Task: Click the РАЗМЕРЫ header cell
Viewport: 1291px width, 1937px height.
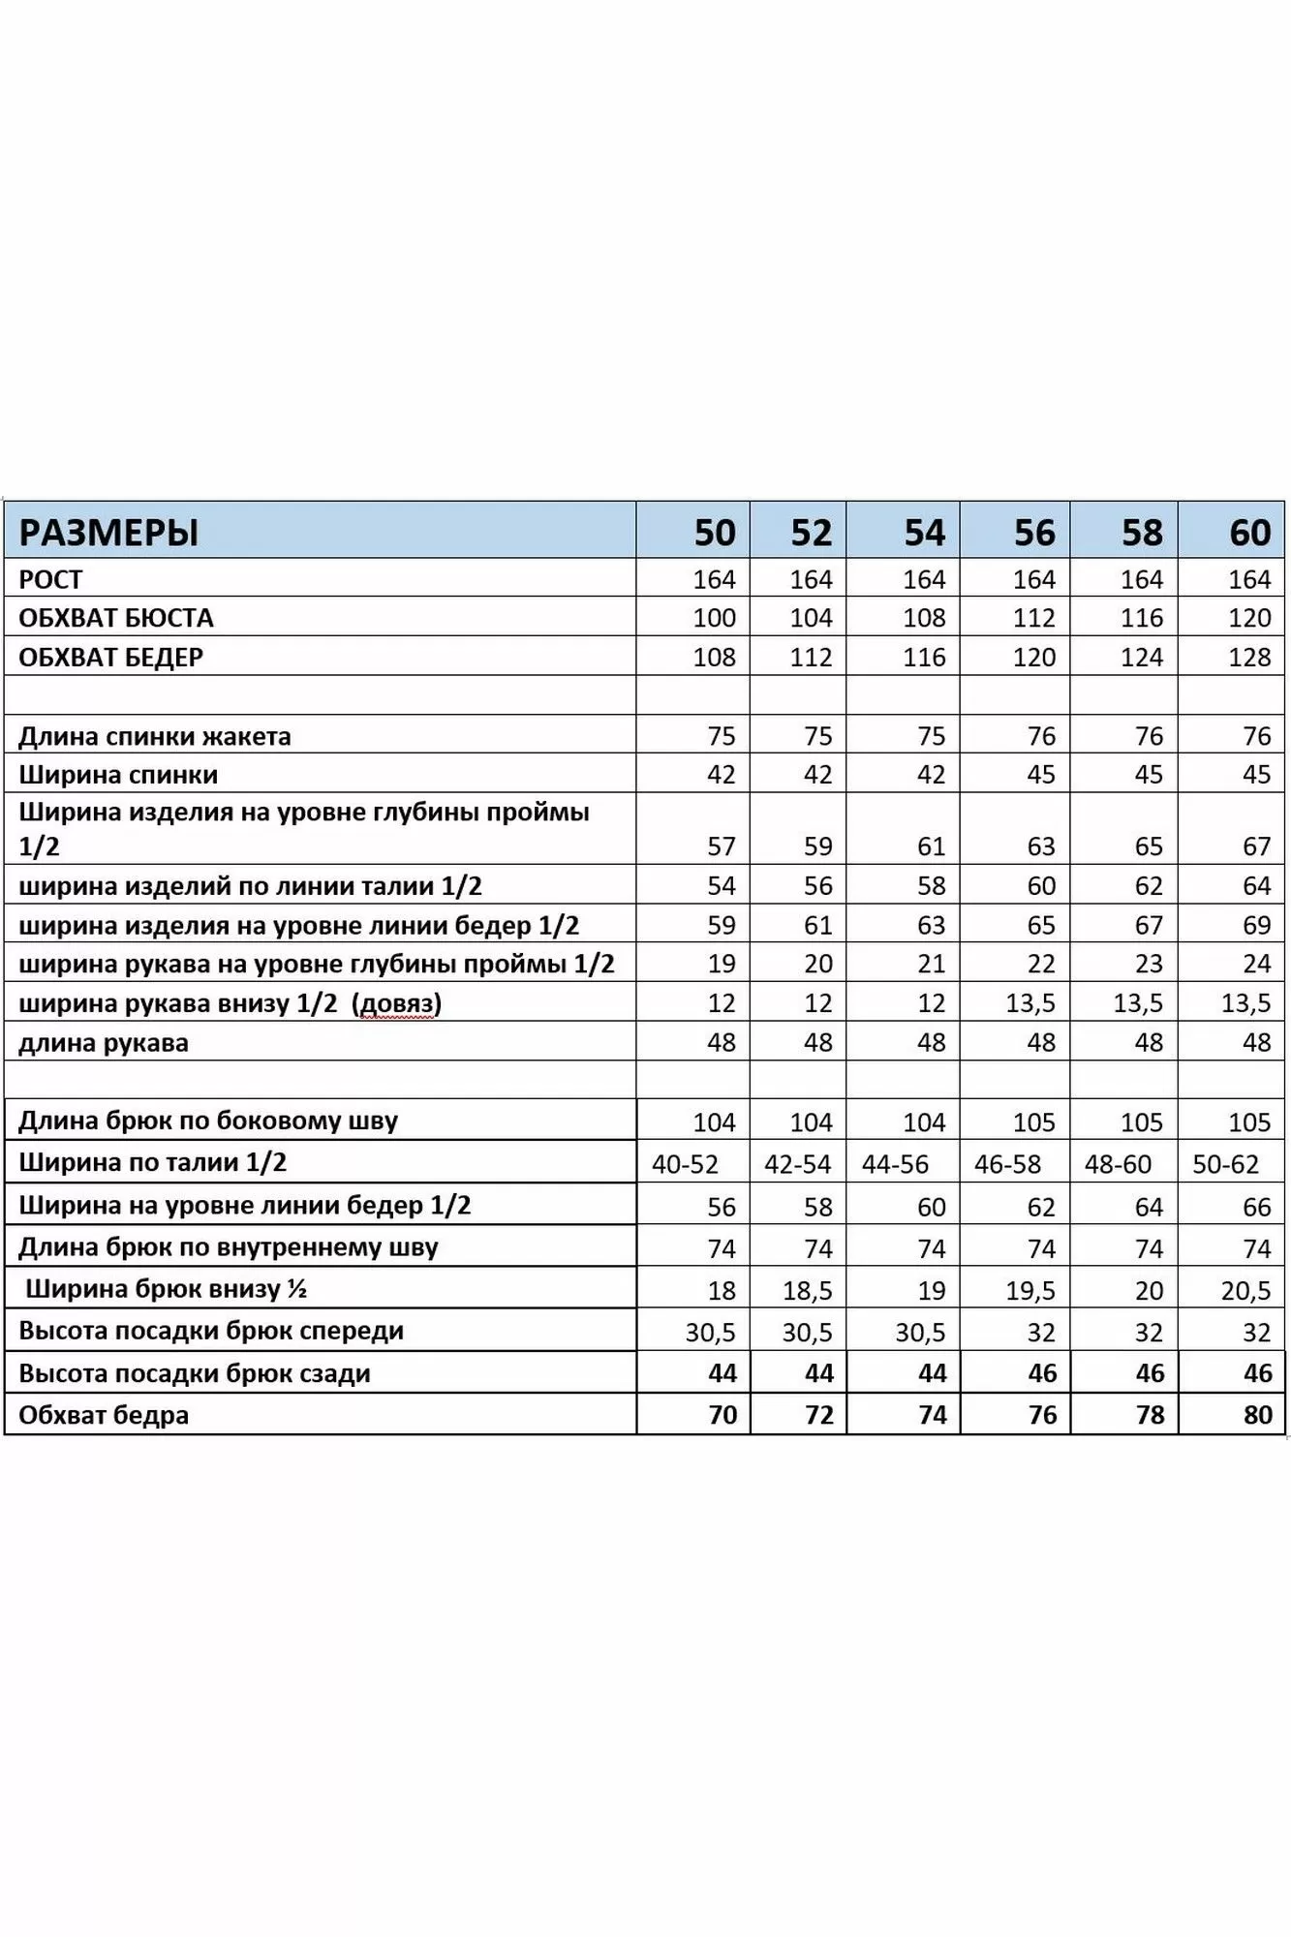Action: pyautogui.click(x=108, y=533)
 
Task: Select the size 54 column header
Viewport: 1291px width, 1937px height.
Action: pyautogui.click(x=924, y=533)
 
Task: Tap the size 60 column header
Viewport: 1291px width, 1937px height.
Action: pyautogui.click(x=1249, y=533)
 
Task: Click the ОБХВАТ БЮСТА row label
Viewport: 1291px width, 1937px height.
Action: pyautogui.click(x=116, y=618)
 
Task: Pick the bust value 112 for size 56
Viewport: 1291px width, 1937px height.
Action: pyautogui.click(x=1033, y=618)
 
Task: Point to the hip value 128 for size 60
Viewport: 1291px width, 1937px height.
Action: pyautogui.click(x=1249, y=658)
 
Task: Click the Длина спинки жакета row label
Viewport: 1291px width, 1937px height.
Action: pyautogui.click(x=155, y=736)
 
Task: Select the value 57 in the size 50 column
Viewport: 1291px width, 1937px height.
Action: pyautogui.click(x=722, y=846)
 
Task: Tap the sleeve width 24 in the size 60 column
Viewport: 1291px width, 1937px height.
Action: pyautogui.click(x=1256, y=964)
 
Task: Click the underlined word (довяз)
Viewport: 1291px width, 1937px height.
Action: pyautogui.click(x=399, y=1003)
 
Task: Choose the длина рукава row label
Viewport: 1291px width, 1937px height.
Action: pyautogui.click(x=104, y=1043)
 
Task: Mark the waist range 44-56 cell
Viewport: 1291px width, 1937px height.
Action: pyautogui.click(x=895, y=1163)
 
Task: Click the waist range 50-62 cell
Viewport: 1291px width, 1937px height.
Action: pyautogui.click(x=1225, y=1163)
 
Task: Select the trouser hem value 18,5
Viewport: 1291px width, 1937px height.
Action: pyautogui.click(x=807, y=1290)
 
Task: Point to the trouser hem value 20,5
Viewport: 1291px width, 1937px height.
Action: pyautogui.click(x=1245, y=1290)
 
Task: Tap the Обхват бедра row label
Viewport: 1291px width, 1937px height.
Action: pyautogui.click(x=104, y=1415)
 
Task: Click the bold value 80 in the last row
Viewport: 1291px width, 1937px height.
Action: pyautogui.click(x=1257, y=1415)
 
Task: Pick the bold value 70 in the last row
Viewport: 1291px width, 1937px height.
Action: pyautogui.click(x=722, y=1415)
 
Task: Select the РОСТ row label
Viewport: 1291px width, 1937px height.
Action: pyautogui.click(x=50, y=579)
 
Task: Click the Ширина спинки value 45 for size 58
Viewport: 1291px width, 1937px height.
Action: pyautogui.click(x=1149, y=775)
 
